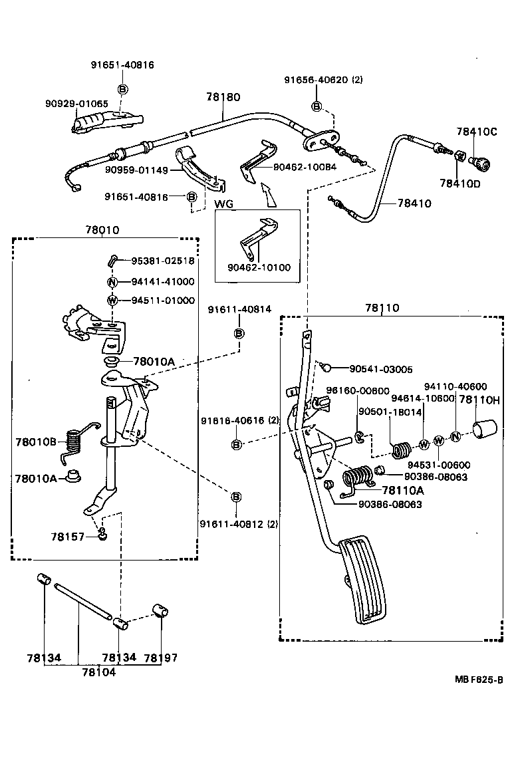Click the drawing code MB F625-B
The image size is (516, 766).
pos(478,679)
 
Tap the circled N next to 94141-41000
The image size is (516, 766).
pos(112,281)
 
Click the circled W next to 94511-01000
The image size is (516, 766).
pos(112,301)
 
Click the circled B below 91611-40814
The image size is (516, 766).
pos(239,333)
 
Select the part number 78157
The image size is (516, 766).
pos(68,535)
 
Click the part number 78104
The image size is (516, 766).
pos(98,672)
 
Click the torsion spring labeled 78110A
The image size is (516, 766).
pos(357,479)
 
